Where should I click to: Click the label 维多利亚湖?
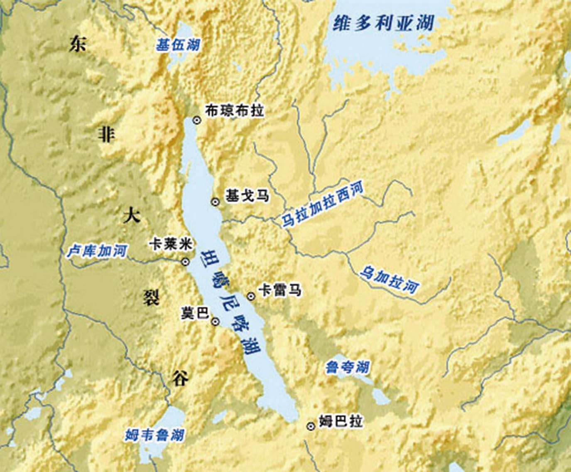(x=382, y=23)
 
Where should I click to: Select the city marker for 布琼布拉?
(x=197, y=120)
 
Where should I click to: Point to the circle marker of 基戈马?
(x=215, y=202)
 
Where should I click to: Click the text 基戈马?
(x=247, y=195)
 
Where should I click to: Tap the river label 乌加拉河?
(x=389, y=280)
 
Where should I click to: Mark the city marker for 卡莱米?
(x=186, y=262)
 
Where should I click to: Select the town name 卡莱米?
(x=171, y=245)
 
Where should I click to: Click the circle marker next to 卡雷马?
(x=251, y=296)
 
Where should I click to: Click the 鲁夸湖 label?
(x=347, y=367)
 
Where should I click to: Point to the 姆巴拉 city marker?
(x=310, y=426)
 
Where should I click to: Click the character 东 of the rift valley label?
(x=78, y=44)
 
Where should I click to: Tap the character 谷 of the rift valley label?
(x=180, y=379)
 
